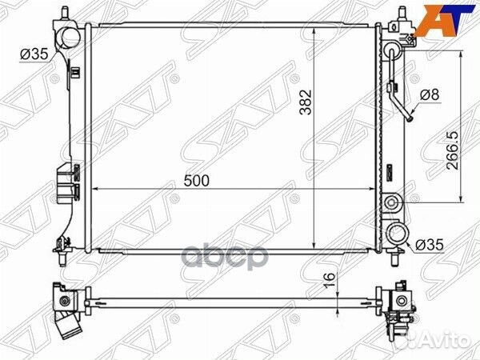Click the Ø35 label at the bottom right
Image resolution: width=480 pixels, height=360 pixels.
tap(430, 246)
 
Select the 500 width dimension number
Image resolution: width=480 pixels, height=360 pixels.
tap(196, 181)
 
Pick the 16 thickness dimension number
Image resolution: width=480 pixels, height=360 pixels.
tap(327, 280)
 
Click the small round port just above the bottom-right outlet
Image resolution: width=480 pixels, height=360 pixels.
tap(392, 202)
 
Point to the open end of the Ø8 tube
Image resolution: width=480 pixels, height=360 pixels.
tap(407, 121)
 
